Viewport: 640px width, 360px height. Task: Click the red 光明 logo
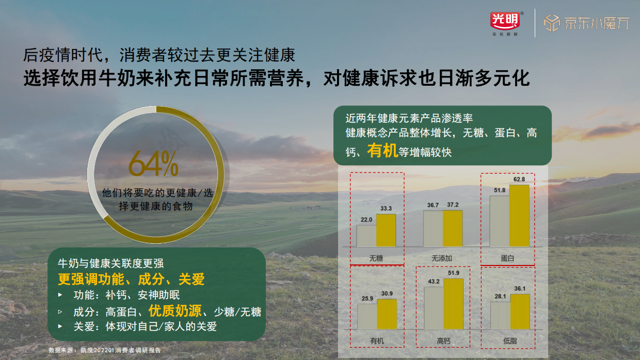[505, 20]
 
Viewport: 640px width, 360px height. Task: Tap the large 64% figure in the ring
[153, 164]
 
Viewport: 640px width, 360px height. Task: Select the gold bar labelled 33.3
[386, 230]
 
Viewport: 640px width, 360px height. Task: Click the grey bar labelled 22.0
[366, 236]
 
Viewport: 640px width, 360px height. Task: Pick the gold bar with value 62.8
[519, 215]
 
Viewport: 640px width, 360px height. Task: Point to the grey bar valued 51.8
[499, 221]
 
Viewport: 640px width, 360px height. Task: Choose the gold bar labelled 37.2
[453, 228]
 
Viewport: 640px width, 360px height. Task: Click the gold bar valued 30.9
[387, 314]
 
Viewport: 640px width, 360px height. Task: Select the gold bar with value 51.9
[454, 304]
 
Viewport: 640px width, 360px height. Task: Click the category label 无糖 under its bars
[376, 258]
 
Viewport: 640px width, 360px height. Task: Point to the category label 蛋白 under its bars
[508, 258]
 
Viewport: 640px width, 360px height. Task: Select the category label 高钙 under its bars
[443, 341]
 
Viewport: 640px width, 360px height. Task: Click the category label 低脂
[509, 341]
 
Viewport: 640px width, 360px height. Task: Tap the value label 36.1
[520, 289]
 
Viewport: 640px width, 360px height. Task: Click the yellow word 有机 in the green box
[382, 151]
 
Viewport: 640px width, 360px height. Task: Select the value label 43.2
[434, 281]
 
